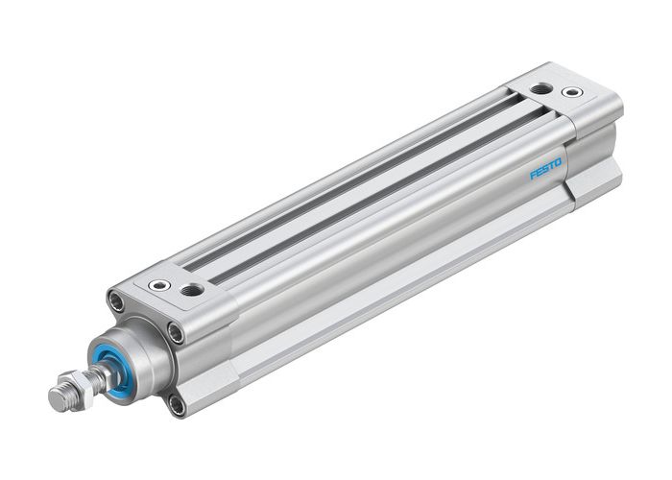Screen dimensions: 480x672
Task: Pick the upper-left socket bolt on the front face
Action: (x=119, y=302)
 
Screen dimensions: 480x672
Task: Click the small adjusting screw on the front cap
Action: (x=157, y=284)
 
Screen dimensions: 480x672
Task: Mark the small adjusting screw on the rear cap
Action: (x=573, y=93)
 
